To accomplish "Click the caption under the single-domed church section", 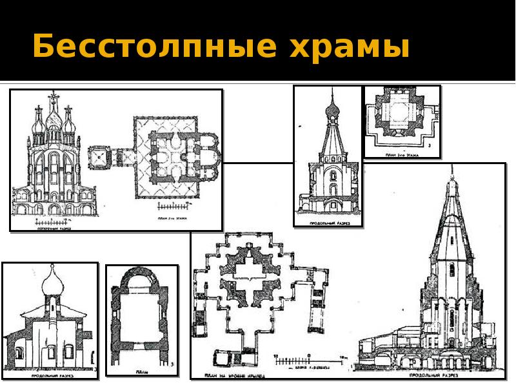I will (x=49, y=371).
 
